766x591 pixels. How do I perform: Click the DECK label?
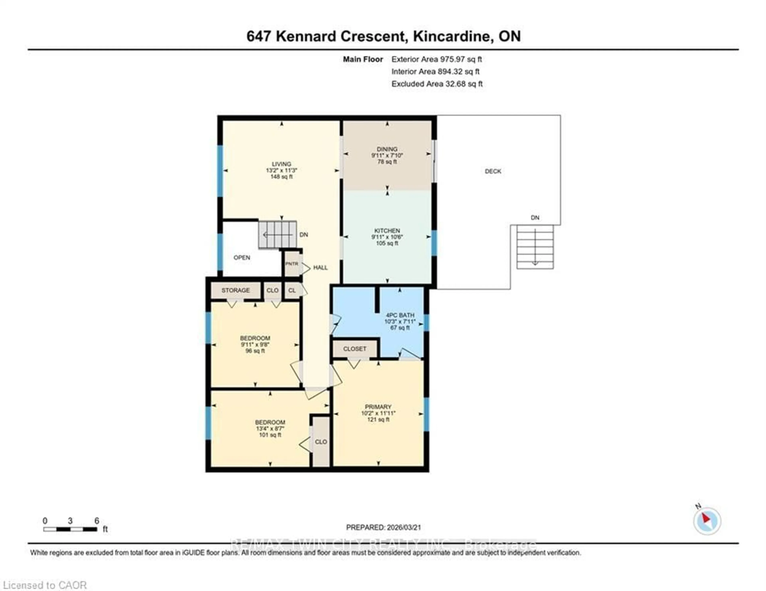[x=493, y=171]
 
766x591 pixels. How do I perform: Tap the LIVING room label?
[x=281, y=164]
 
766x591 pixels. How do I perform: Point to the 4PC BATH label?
[x=400, y=315]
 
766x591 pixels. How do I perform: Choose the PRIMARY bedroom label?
[x=378, y=407]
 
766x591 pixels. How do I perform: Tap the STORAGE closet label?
[x=235, y=290]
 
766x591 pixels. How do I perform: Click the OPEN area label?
[x=242, y=258]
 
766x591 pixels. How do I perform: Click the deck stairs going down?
[x=535, y=247]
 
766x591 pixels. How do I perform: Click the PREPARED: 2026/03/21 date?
[x=383, y=527]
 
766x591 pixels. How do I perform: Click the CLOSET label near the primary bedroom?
[x=355, y=349]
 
